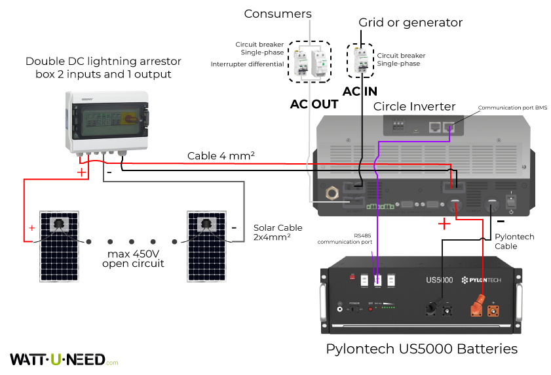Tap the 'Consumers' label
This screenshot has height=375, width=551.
click(x=278, y=14)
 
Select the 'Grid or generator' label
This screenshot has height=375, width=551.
click(x=410, y=23)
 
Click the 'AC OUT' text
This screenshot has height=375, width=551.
click(x=314, y=104)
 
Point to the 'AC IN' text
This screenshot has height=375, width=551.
click(x=361, y=92)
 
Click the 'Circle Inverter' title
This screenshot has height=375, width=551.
click(x=414, y=106)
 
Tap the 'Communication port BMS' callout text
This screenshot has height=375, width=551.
click(x=512, y=108)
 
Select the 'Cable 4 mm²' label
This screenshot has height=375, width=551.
click(x=221, y=156)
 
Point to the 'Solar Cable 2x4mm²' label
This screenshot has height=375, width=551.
click(x=278, y=233)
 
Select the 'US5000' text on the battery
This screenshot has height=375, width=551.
click(x=438, y=280)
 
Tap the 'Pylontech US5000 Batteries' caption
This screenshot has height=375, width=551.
click(x=421, y=348)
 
